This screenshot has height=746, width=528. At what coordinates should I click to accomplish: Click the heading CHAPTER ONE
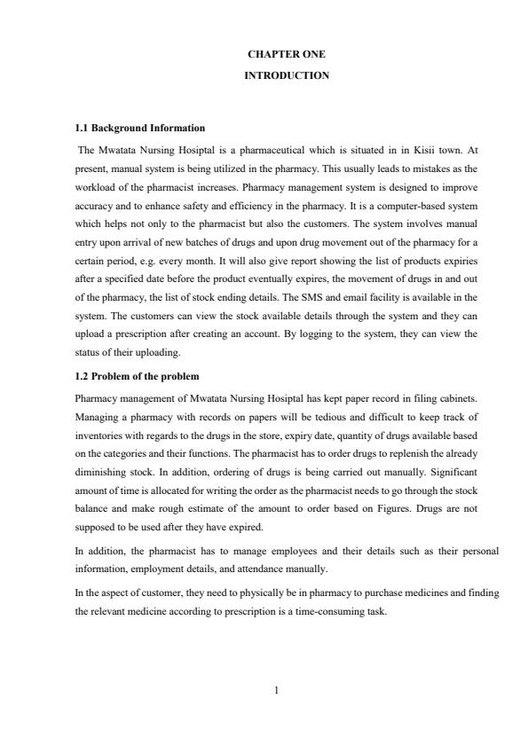[x=287, y=54]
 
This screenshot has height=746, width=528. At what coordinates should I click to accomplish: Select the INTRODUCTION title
[x=287, y=76]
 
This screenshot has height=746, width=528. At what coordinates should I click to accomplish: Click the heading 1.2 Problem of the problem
[x=136, y=376]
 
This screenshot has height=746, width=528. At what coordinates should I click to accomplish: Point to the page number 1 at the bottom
[x=278, y=693]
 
